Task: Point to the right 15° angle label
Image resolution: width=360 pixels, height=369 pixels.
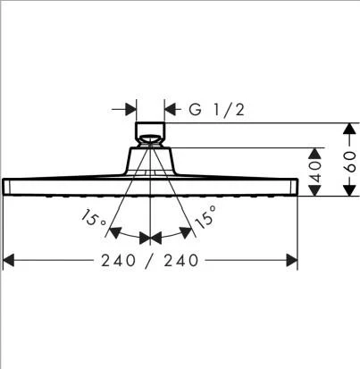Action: click(x=205, y=219)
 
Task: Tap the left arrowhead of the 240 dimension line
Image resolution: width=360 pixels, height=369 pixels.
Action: click(x=10, y=260)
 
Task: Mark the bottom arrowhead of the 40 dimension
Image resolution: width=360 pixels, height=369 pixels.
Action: click(x=314, y=191)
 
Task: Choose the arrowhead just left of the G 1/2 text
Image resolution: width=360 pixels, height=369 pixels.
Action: click(x=170, y=110)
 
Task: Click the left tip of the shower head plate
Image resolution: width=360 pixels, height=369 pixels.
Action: click(x=5, y=186)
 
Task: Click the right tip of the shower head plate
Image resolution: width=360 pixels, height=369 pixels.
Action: click(x=296, y=186)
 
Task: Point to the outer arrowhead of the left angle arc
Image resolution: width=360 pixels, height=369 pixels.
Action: click(x=113, y=234)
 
